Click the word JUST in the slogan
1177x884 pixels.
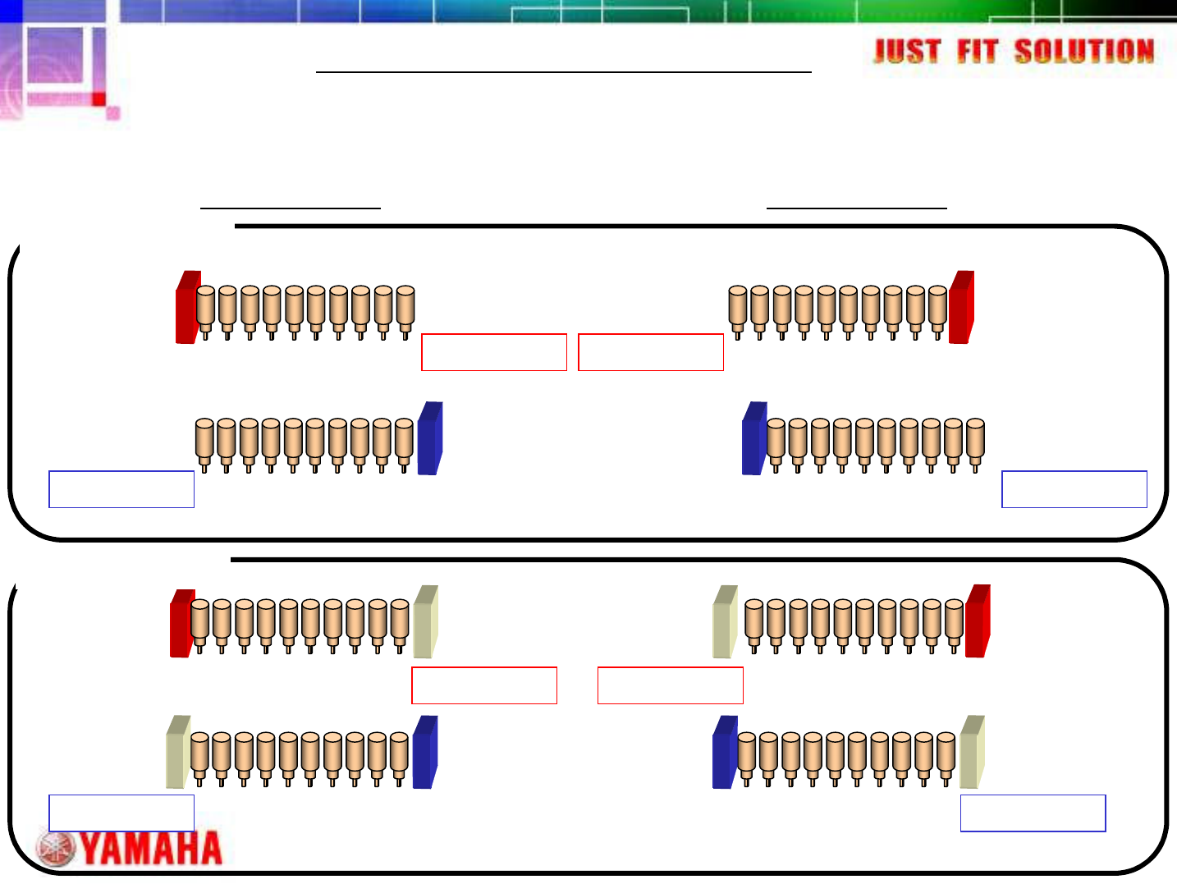907,52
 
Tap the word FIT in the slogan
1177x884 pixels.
978,52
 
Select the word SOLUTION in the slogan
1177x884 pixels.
1083,52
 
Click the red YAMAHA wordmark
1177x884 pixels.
152,848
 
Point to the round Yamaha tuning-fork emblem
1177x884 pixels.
56,849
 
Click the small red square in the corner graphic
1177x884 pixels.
98,99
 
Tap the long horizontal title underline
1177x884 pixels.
564,72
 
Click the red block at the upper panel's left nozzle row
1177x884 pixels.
188,307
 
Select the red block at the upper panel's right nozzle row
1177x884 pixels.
961,307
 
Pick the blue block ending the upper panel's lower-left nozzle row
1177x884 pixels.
430,438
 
